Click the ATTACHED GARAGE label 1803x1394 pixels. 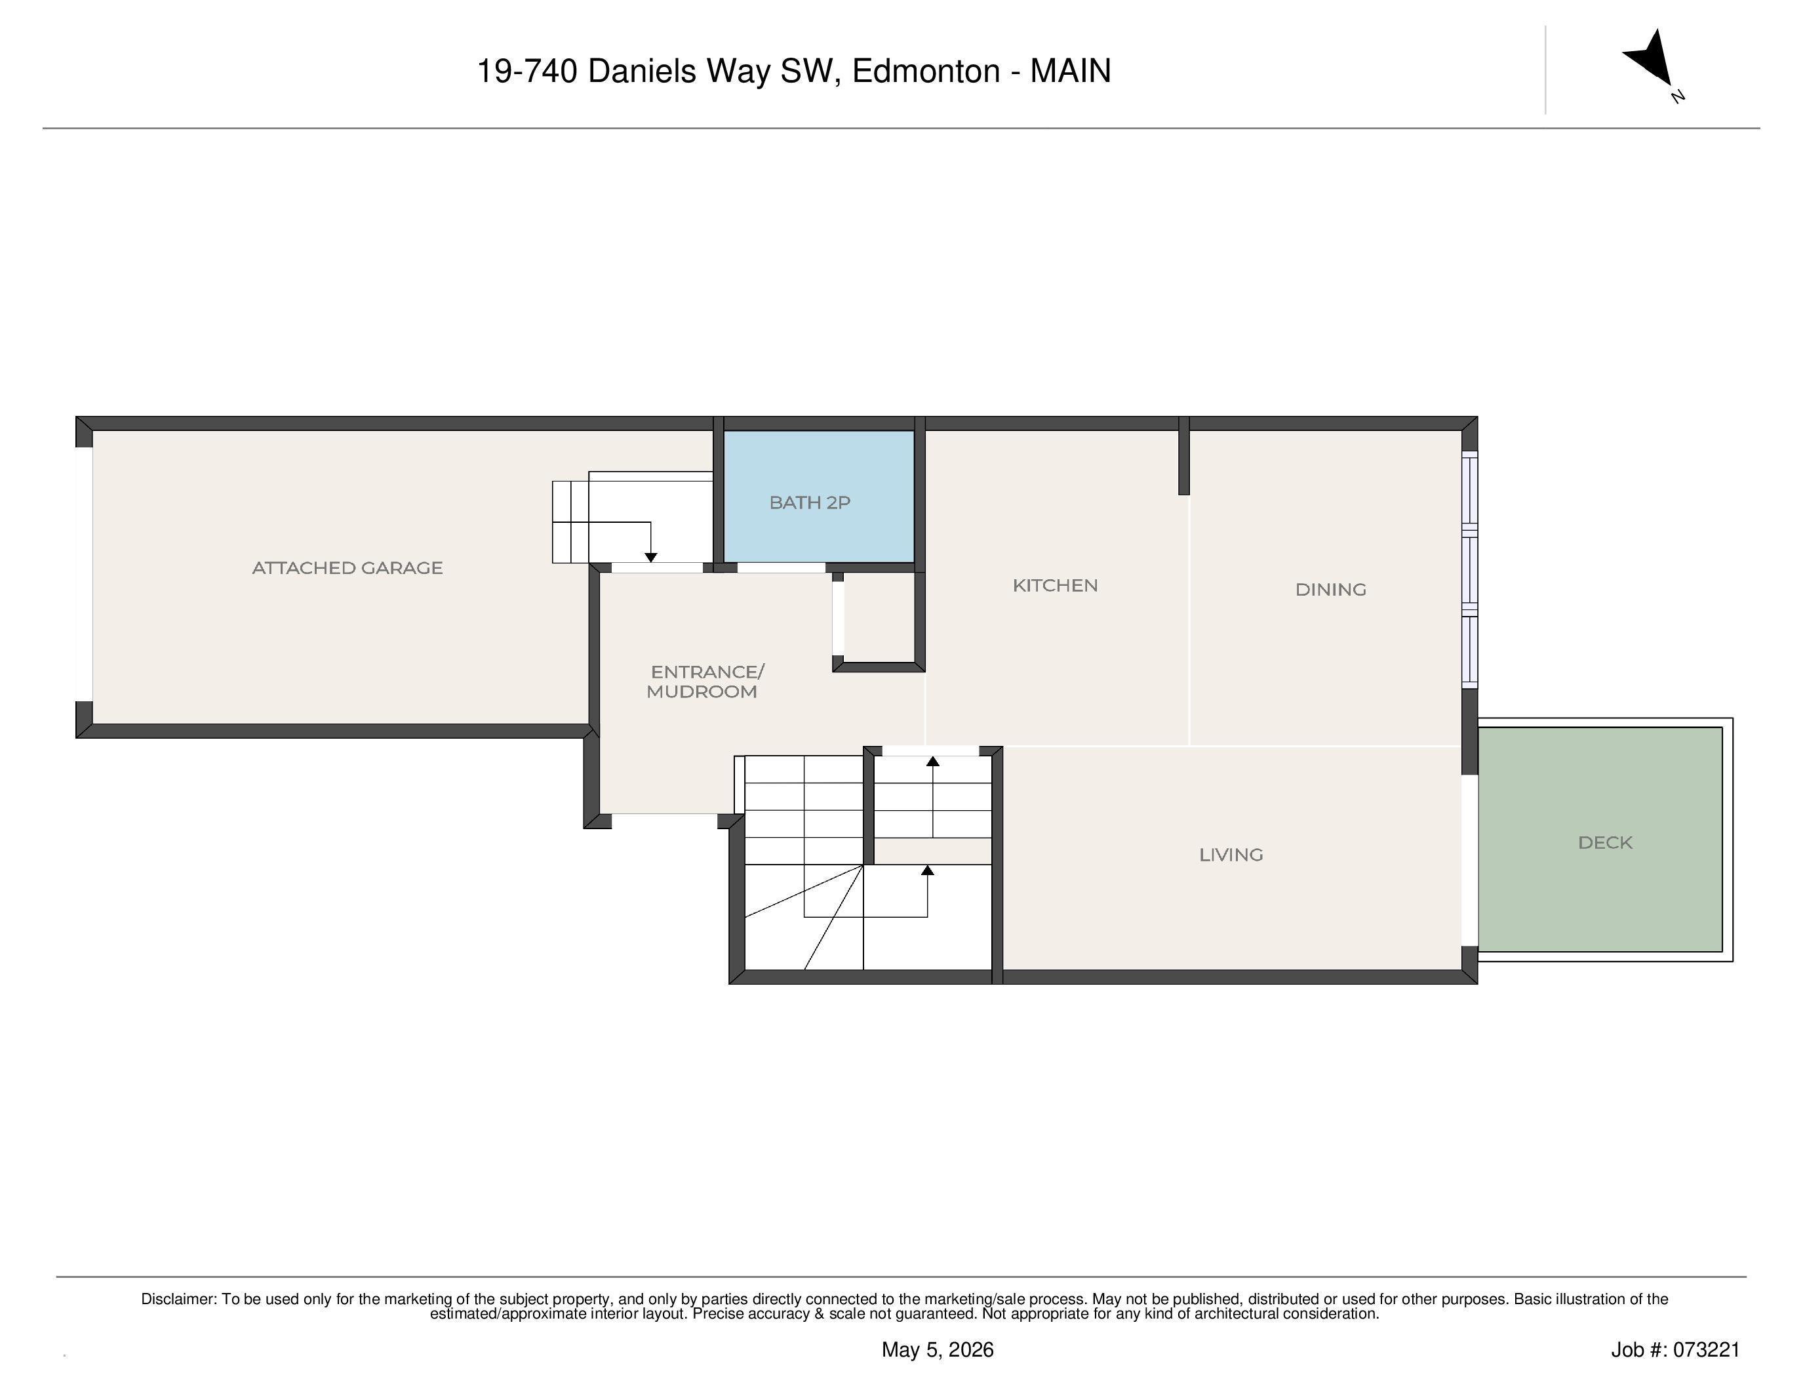pos(347,568)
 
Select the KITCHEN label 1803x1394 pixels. pos(1055,586)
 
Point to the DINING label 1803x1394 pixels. pos(1331,590)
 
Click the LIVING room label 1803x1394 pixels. pos(1231,855)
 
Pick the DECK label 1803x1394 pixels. pos(1605,843)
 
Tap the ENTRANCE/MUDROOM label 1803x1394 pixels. pos(705,682)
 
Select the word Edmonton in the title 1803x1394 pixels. pos(926,72)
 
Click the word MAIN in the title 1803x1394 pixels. pos(1071,72)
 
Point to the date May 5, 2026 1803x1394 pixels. pos(938,1350)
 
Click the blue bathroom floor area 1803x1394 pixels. pos(819,497)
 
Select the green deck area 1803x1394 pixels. pos(1600,839)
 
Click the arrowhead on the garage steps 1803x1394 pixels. pos(650,558)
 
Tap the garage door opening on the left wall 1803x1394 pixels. pos(83,575)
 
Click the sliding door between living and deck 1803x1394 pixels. pos(1469,861)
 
